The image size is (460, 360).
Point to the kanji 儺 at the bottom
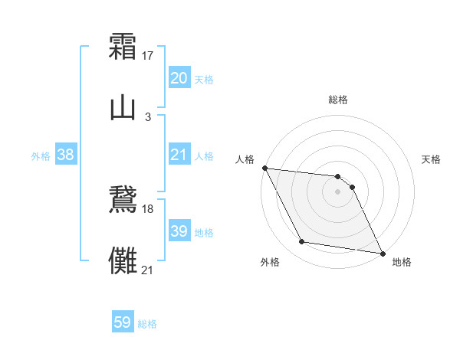[123, 259]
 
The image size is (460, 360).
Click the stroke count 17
[149, 55]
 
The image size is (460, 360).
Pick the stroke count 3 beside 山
[148, 116]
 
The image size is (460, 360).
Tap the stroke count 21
[148, 269]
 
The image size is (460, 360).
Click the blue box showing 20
[179, 78]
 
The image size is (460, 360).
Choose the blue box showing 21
[179, 155]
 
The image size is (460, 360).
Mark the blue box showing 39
[179, 231]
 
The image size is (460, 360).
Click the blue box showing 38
[66, 155]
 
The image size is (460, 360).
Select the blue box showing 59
[123, 323]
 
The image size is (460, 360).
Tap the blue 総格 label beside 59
[147, 324]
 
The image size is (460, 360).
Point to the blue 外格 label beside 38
[41, 156]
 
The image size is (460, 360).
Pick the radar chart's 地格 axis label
[402, 262]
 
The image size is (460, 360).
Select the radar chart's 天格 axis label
[431, 159]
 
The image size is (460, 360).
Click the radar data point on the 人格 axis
[264, 168]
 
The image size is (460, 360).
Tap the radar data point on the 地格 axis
[382, 253]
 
